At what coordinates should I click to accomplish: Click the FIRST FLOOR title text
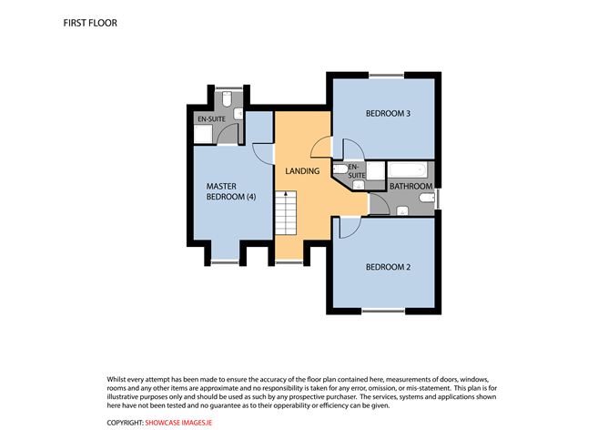pyautogui.click(x=90, y=23)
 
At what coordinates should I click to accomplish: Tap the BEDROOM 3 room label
pyautogui.click(x=388, y=113)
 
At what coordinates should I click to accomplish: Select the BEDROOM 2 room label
pyautogui.click(x=388, y=267)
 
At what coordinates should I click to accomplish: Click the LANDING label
pyautogui.click(x=302, y=170)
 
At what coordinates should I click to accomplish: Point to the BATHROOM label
pyautogui.click(x=410, y=186)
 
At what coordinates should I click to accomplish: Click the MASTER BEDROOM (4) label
pyautogui.click(x=231, y=191)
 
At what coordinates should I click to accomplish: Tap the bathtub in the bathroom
pyautogui.click(x=408, y=170)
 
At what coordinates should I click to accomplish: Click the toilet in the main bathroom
pyautogui.click(x=427, y=198)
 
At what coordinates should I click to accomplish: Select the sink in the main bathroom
pyautogui.click(x=402, y=210)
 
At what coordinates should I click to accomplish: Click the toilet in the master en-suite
pyautogui.click(x=227, y=98)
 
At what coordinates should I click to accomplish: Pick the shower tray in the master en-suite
pyautogui.click(x=203, y=134)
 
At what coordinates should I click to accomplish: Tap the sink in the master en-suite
pyautogui.click(x=238, y=114)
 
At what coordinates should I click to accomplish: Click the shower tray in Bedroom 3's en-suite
pyautogui.click(x=375, y=170)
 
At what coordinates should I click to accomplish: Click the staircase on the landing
pyautogui.click(x=286, y=212)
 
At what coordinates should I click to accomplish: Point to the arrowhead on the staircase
pyautogui.click(x=286, y=192)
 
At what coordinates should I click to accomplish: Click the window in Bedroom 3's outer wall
pyautogui.click(x=386, y=76)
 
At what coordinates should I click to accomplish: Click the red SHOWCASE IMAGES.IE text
pyautogui.click(x=178, y=423)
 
